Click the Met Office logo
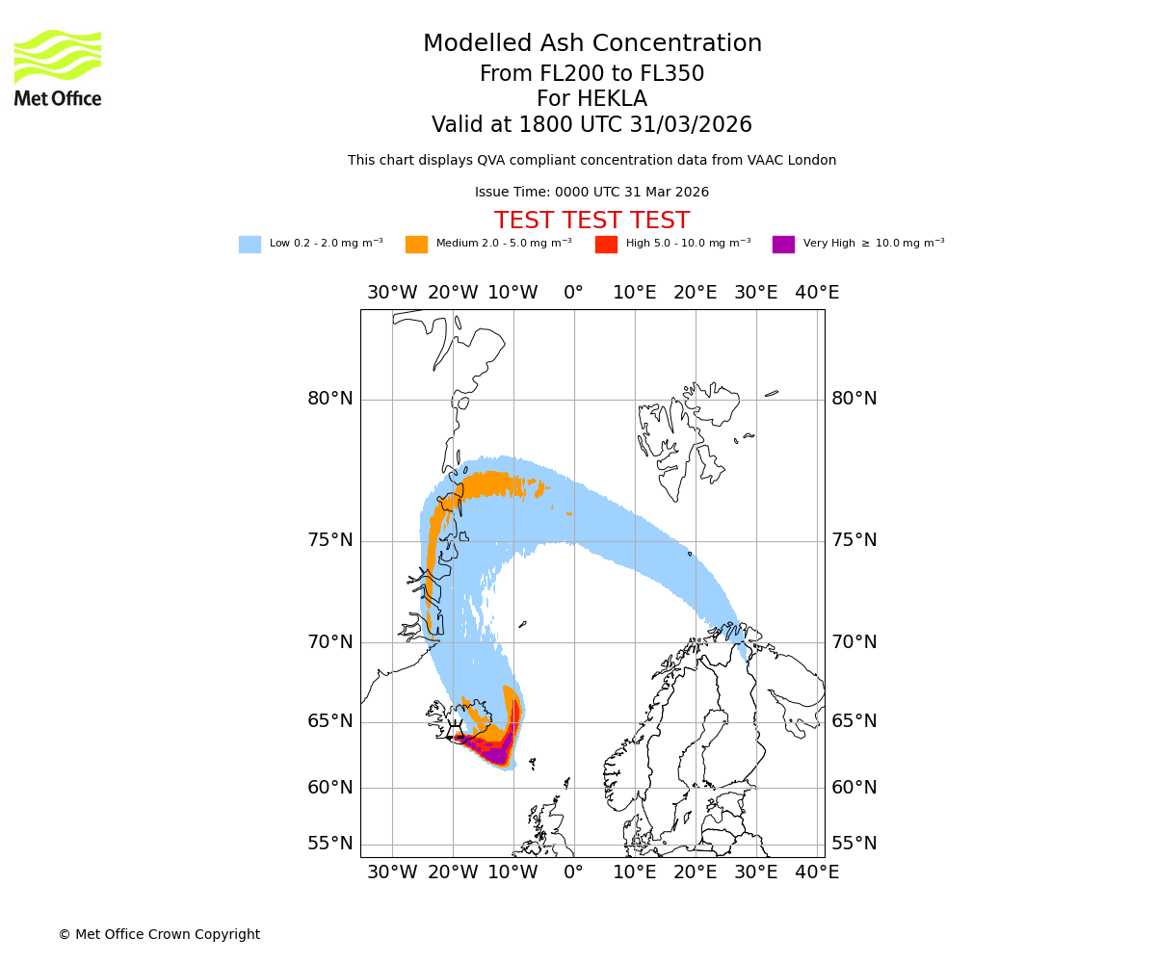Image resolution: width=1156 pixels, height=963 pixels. (58, 67)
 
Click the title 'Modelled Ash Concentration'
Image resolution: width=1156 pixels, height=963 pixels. (591, 44)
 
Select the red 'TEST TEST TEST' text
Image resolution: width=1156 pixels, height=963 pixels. (591, 221)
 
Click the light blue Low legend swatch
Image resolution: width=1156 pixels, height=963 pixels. (250, 245)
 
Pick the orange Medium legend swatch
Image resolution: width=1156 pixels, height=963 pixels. (416, 245)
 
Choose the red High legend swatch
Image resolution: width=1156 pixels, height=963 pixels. (606, 245)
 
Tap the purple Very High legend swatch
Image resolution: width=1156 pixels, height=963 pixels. (783, 245)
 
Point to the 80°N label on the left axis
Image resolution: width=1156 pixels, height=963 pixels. (330, 399)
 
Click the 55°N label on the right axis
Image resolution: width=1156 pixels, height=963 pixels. (854, 844)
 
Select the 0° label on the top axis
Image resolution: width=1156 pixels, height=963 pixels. (574, 293)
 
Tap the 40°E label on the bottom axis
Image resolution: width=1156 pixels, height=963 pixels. (817, 872)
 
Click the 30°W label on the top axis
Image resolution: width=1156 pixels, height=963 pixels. (392, 293)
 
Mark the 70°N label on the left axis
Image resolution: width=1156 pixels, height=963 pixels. (330, 642)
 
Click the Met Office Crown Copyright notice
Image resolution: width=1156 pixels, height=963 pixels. (159, 934)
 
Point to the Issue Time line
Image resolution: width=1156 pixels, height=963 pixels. (591, 193)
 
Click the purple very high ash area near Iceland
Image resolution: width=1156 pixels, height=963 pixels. (495, 752)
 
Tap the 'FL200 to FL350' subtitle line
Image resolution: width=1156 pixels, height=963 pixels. (591, 74)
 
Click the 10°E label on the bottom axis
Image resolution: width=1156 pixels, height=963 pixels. (635, 872)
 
